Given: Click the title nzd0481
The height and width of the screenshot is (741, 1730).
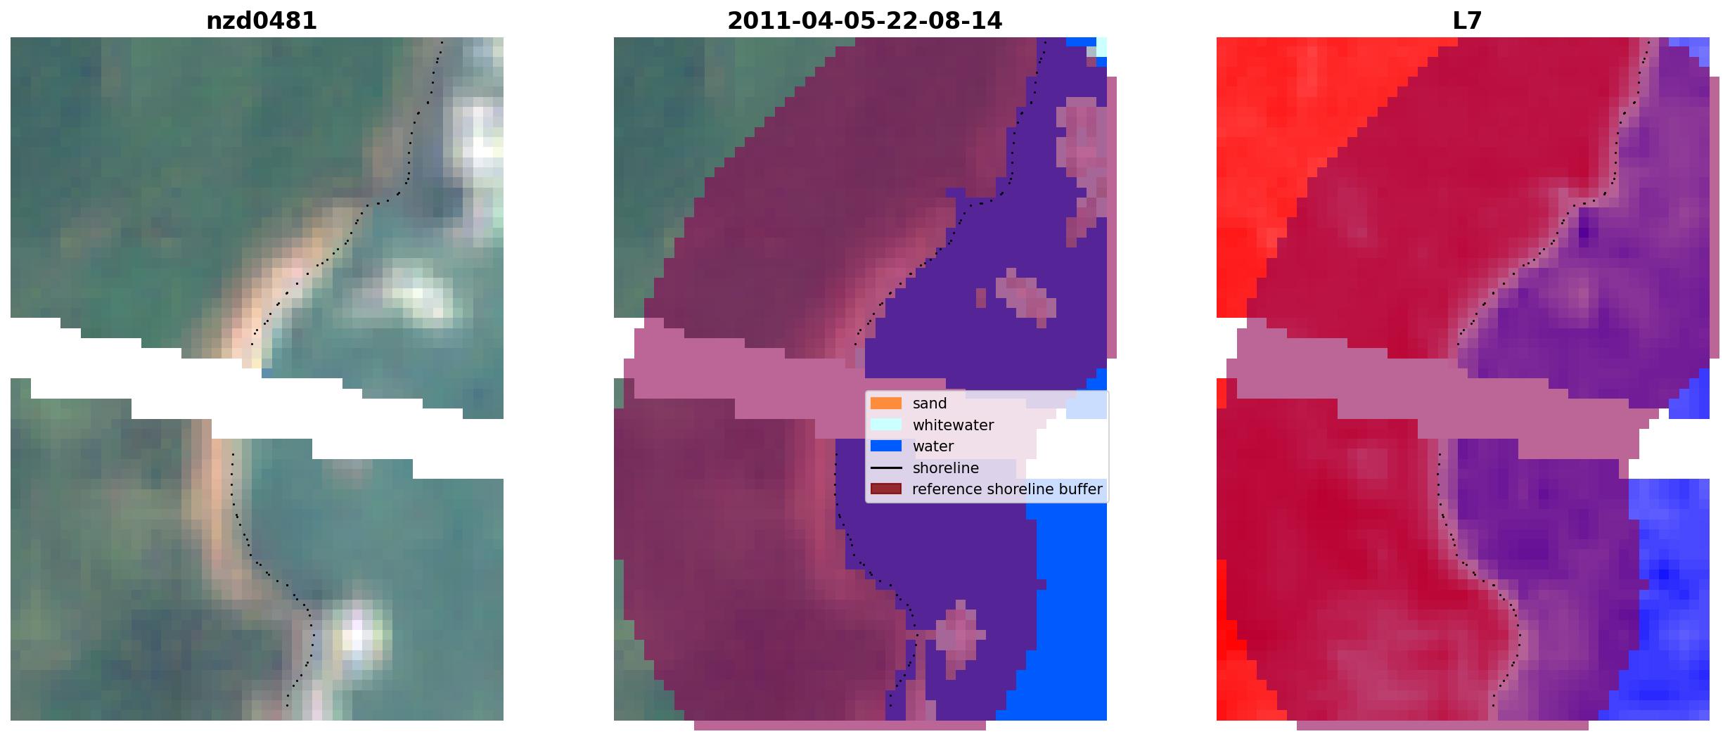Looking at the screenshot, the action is coord(262,21).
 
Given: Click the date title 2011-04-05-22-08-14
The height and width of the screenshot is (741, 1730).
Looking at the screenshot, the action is coord(864,21).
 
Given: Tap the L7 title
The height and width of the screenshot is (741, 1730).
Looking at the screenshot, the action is coord(1467,21).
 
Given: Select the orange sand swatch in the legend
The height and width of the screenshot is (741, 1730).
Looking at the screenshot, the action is coord(886,404).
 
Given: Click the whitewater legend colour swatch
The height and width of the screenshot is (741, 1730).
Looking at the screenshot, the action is coord(886,425).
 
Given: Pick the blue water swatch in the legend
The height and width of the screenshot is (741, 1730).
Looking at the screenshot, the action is coord(886,446).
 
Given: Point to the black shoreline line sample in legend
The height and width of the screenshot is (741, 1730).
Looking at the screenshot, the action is coord(886,468).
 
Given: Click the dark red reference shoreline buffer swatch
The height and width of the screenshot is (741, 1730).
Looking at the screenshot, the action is coord(886,489).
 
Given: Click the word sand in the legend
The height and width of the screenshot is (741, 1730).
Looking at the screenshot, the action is coord(930,404).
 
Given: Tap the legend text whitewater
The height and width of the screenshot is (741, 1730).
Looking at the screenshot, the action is coord(953,425).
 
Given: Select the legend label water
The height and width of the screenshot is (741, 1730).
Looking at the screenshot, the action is coord(933,446).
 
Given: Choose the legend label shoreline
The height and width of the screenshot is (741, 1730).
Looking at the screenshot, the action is coord(946,468).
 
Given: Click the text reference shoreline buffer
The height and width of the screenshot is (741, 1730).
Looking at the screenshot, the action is coord(1007,489).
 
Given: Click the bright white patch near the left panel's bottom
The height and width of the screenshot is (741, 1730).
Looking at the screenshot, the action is coord(357,636).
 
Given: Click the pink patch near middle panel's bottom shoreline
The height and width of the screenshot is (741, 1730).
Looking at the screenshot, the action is coord(956,636).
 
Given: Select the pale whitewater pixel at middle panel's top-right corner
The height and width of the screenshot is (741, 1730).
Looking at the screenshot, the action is coord(1101,47).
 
